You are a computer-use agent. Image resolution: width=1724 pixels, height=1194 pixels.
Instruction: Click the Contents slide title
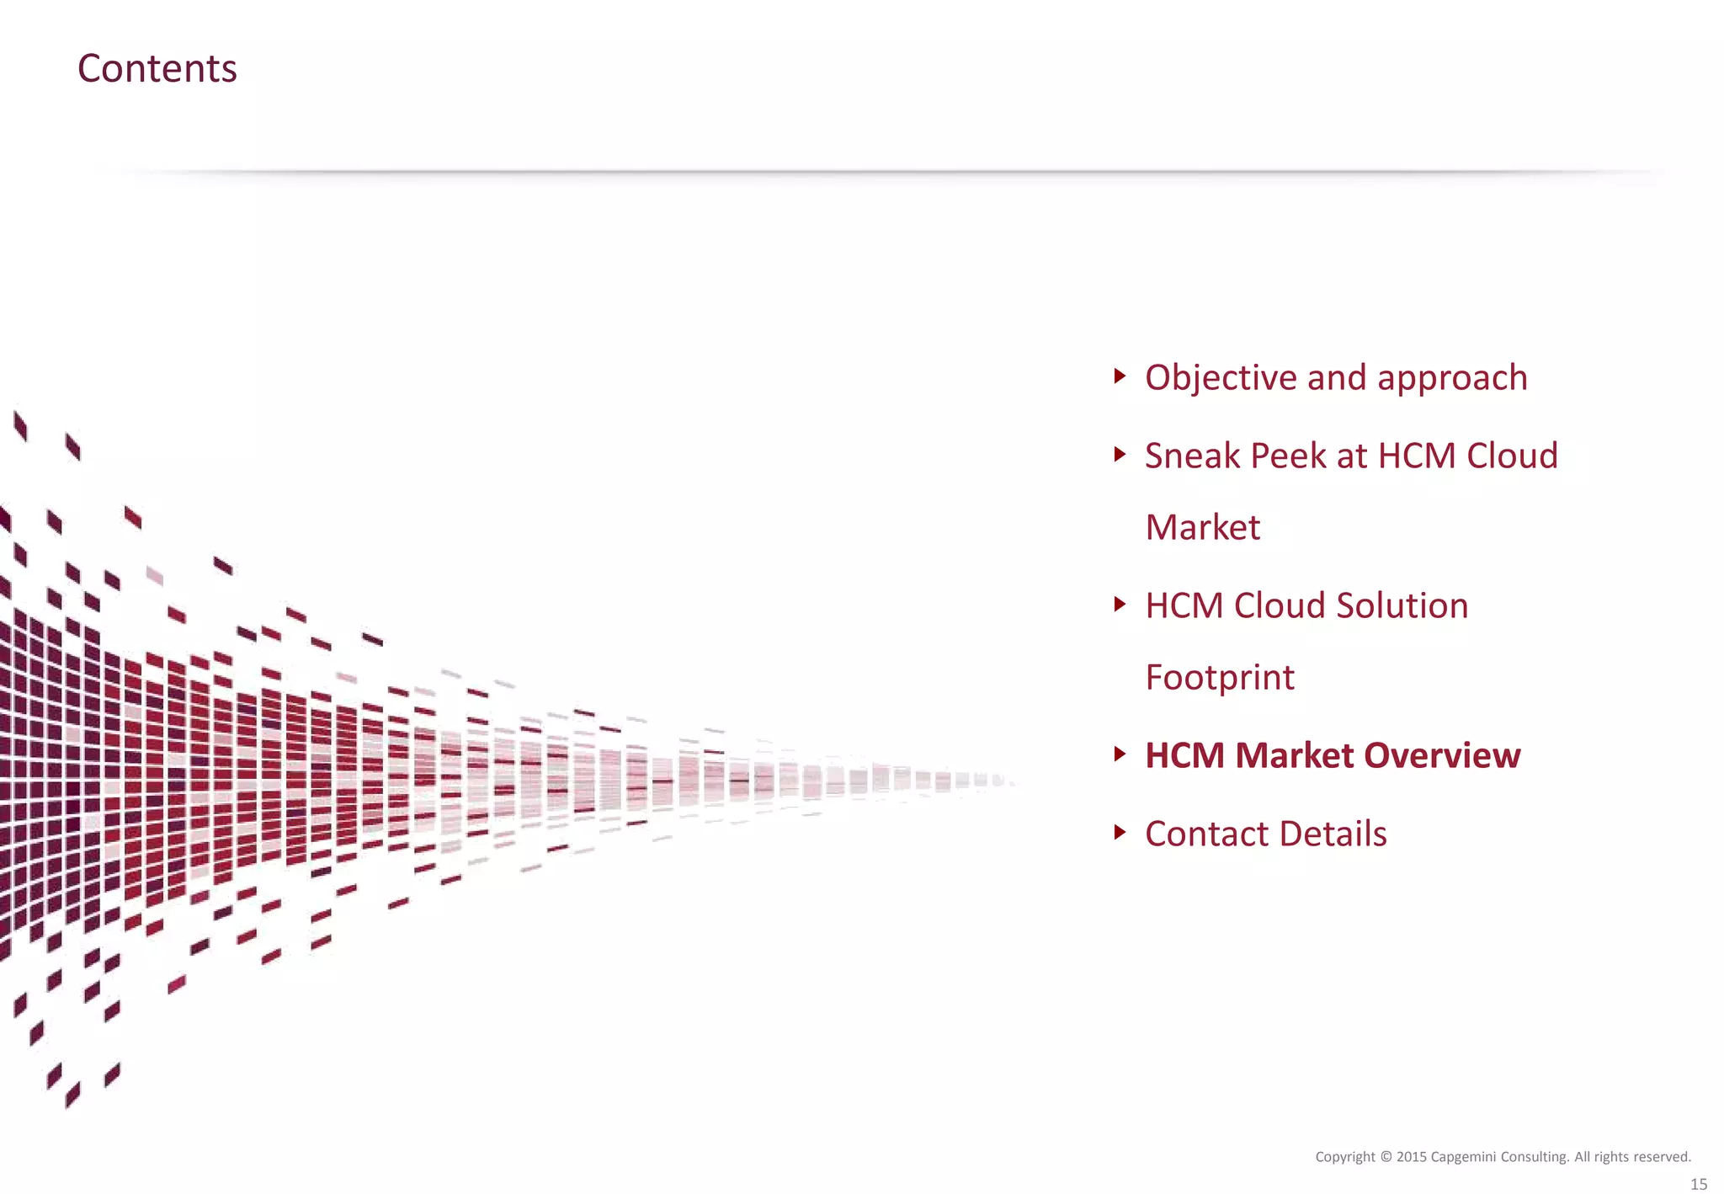(157, 68)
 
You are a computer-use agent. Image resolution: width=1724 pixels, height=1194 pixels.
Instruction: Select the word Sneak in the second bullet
(1192, 456)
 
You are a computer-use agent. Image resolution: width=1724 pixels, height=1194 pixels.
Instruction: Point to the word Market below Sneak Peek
(1203, 528)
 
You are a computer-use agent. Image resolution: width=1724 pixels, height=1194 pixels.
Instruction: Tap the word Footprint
(1220, 677)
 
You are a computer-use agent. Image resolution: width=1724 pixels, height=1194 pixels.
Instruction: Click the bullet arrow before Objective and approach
(1119, 376)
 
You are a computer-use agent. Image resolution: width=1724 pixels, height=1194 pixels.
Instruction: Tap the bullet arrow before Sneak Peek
(1119, 455)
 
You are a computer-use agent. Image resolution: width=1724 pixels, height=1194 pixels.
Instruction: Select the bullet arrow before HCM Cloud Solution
(1119, 604)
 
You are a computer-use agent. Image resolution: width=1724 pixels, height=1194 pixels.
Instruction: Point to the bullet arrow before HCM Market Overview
(1119, 754)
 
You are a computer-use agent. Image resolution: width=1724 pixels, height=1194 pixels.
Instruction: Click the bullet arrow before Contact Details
(1119, 832)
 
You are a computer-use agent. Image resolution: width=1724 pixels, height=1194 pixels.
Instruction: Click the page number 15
(1699, 1184)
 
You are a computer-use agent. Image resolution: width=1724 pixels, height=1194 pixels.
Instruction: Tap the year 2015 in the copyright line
(1411, 1157)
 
